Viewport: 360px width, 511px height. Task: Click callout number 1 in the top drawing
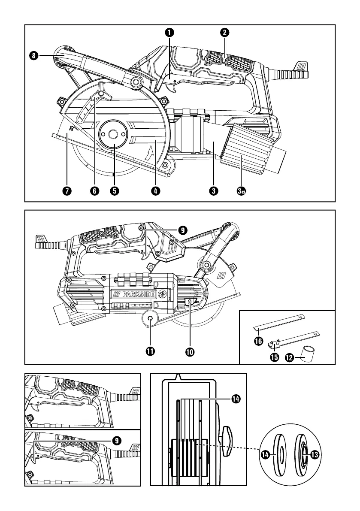(169, 32)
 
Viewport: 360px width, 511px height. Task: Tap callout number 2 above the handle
(224, 32)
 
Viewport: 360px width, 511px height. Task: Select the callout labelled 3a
(241, 191)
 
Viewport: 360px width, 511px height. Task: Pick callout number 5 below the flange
(115, 191)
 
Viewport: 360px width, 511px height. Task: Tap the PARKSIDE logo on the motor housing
(133, 294)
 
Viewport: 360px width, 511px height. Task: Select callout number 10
(190, 352)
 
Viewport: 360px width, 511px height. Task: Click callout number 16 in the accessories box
(258, 342)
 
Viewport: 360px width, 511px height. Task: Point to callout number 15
(275, 357)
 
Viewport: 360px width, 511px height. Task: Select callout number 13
(315, 455)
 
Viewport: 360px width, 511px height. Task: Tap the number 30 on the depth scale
(72, 128)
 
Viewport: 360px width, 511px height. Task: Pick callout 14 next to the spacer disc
(265, 454)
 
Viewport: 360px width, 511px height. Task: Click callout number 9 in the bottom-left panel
(116, 441)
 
